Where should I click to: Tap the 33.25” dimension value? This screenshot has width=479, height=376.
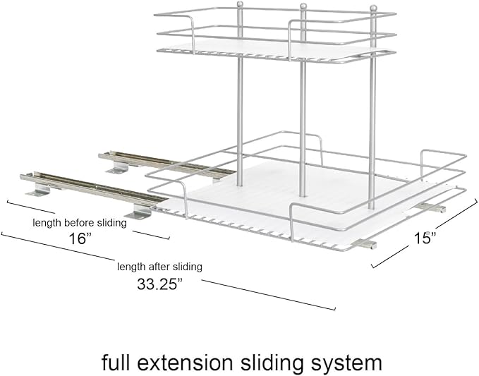[x=159, y=284]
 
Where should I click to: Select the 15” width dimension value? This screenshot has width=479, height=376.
[x=425, y=238]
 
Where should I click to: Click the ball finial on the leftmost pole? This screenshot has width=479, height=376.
[x=240, y=4]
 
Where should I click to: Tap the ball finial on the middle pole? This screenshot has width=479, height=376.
[x=303, y=6]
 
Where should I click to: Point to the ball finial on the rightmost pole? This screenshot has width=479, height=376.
[x=373, y=8]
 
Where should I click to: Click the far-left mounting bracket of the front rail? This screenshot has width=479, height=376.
[x=38, y=190]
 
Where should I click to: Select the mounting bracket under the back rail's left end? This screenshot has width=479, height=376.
[x=118, y=167]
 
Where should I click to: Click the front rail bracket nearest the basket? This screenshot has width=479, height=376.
[x=139, y=212]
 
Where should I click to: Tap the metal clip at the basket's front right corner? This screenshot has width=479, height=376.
[x=364, y=243]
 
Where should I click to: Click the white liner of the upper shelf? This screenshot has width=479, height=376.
[x=275, y=49]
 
